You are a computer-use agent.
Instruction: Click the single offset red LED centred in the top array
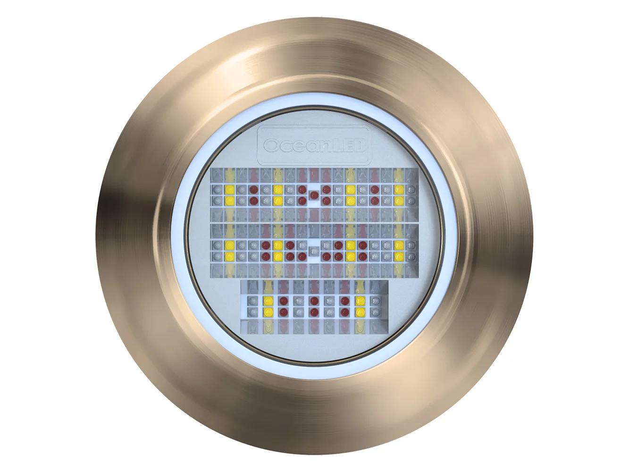tap(314, 195)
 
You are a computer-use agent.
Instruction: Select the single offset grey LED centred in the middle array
tap(314, 251)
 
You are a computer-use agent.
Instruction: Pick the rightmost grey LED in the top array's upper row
tap(411, 189)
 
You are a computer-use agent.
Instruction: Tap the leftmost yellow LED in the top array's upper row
tap(229, 189)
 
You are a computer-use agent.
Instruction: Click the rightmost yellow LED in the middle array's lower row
tap(399, 256)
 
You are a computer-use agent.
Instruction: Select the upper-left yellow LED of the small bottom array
tap(268, 301)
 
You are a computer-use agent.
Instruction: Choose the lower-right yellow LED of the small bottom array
tap(360, 312)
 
